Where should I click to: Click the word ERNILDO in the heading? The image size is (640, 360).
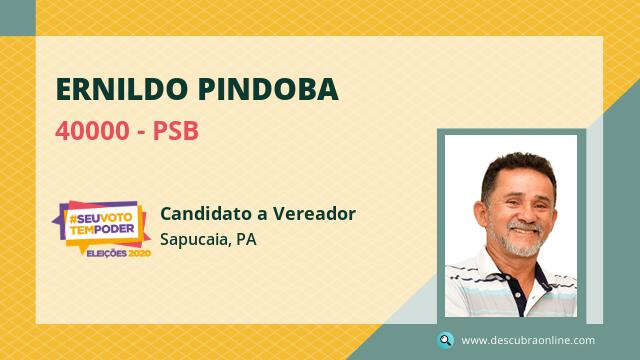tap(122, 89)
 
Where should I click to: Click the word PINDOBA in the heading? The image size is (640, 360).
tap(268, 89)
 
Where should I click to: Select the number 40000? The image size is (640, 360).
tap(92, 131)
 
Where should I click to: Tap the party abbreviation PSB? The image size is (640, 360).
tap(176, 131)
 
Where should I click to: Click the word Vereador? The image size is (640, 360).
tap(314, 213)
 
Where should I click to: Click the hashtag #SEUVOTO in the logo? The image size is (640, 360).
tap(100, 218)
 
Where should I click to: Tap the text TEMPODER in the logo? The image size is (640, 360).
tap(102, 229)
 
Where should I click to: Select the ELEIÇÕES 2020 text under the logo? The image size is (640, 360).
tap(119, 253)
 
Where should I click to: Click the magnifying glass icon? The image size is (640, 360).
tap(445, 340)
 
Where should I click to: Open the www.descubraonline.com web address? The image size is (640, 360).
tap(528, 340)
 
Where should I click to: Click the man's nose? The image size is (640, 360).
tap(524, 213)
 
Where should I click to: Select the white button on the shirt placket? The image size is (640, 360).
tap(517, 294)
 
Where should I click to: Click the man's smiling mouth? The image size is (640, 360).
tap(526, 230)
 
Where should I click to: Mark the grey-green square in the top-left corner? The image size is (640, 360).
tap(18, 18)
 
